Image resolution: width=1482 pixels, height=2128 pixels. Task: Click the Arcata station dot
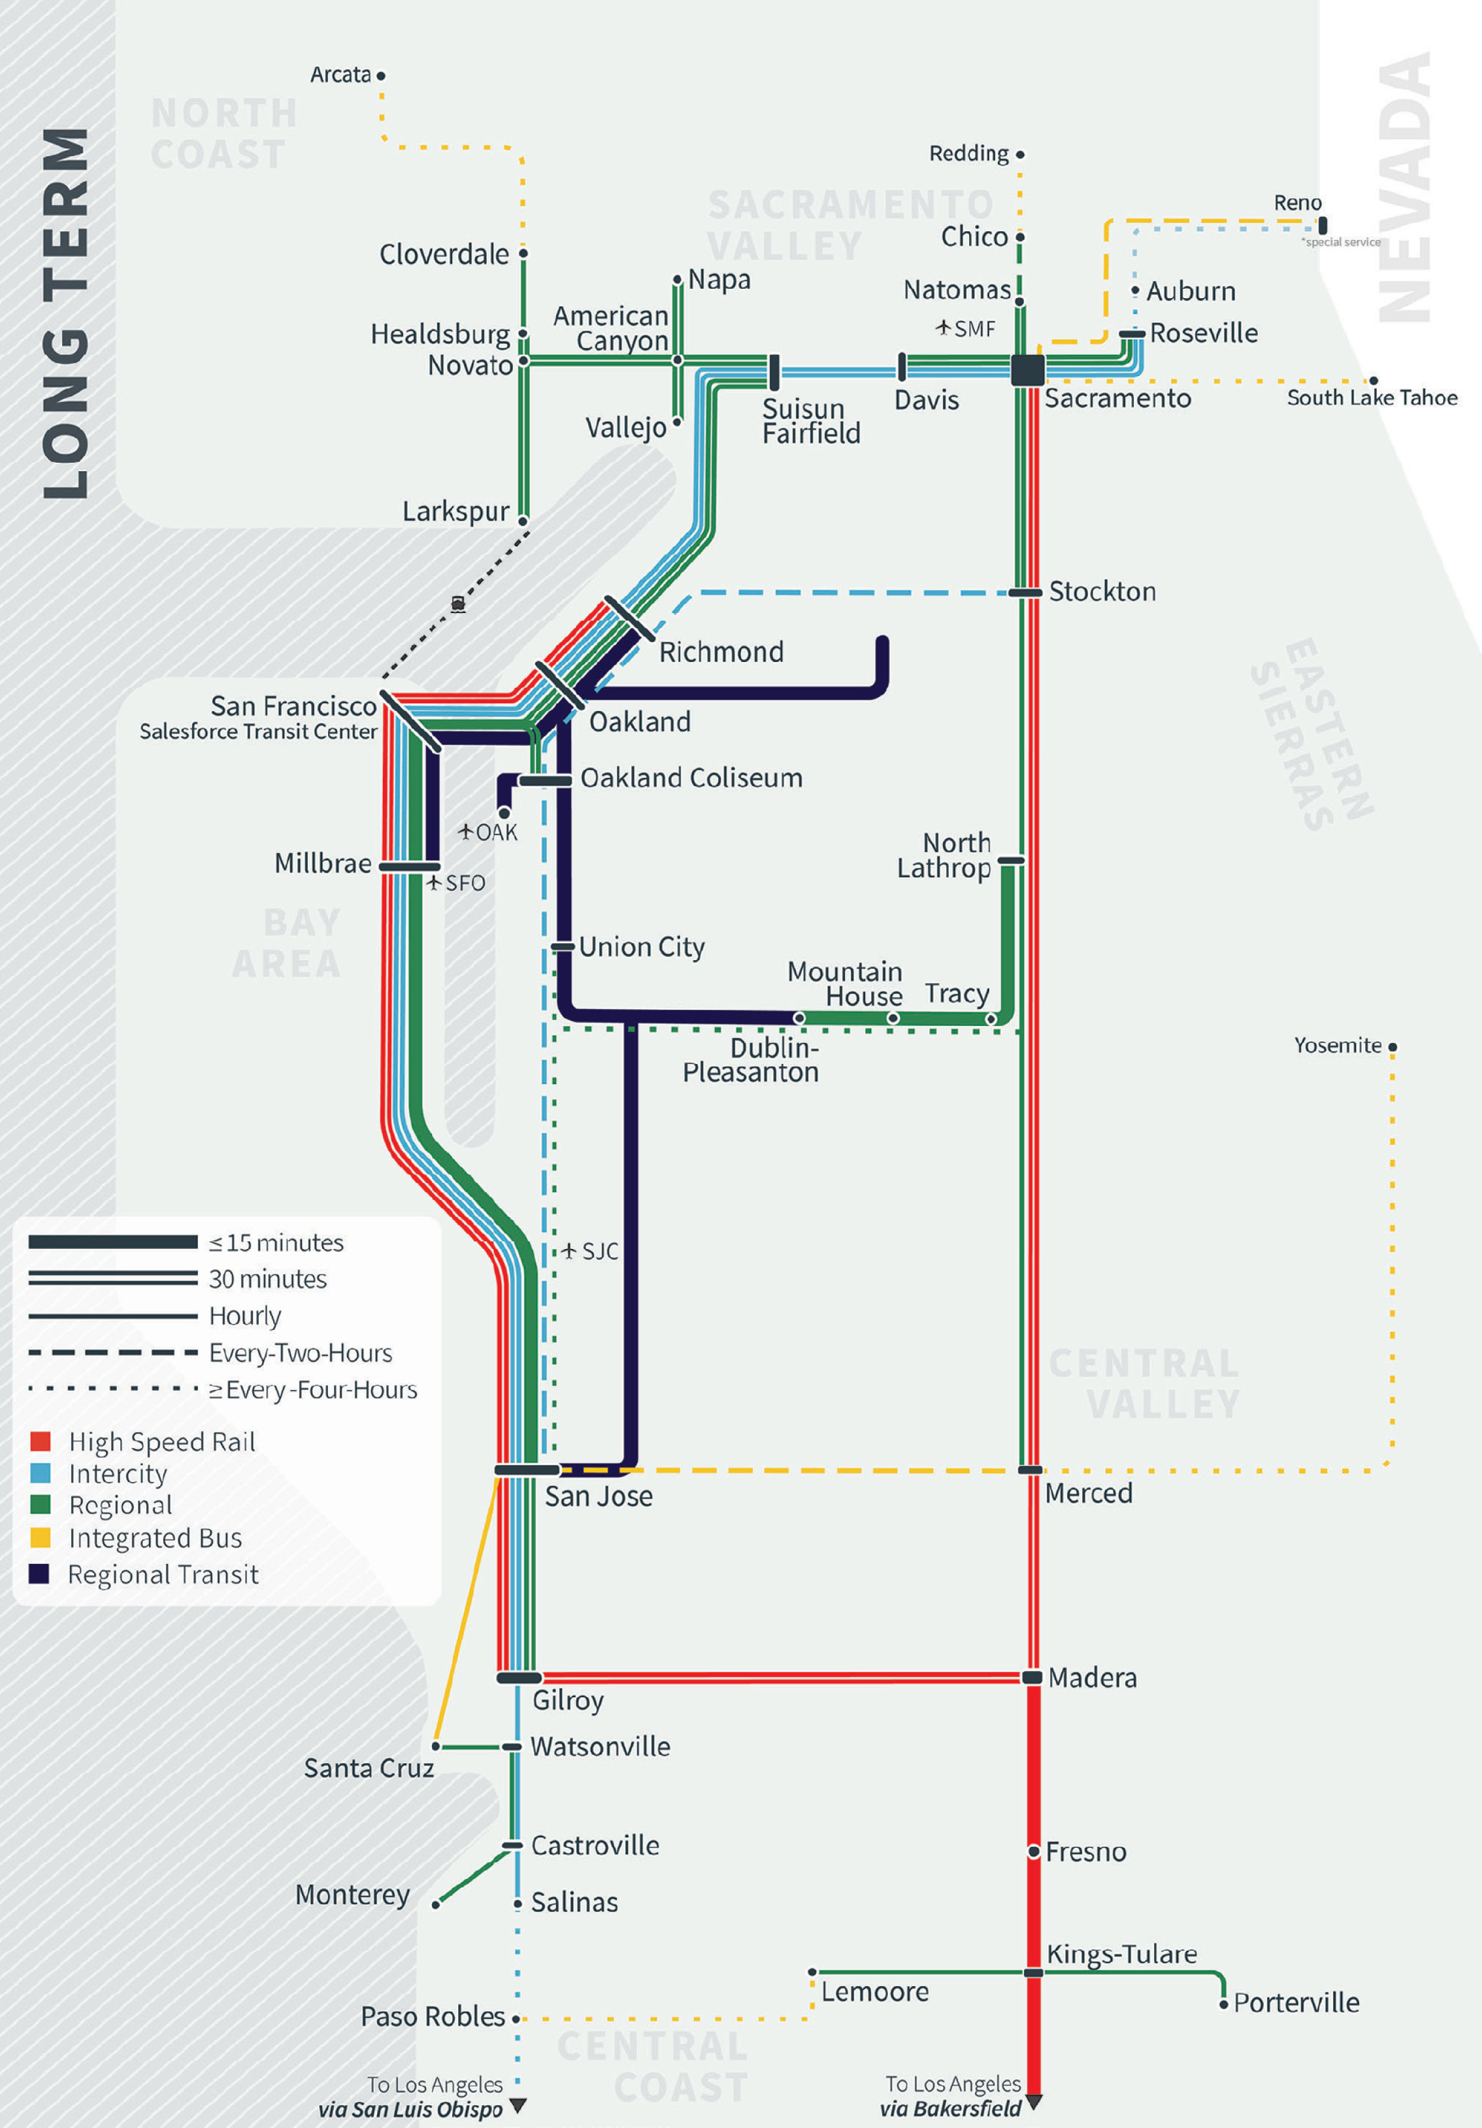381,76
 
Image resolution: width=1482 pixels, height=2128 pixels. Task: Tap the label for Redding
968,153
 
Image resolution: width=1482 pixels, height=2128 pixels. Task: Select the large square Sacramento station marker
1027,370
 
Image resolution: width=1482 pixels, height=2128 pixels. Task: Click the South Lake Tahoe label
1371,397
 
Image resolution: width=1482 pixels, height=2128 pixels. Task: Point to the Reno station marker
1323,225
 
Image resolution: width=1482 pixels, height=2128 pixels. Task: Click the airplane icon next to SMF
944,327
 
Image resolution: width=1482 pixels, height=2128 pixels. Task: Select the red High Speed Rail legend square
40,1441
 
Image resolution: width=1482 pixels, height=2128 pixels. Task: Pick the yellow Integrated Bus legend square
40,1538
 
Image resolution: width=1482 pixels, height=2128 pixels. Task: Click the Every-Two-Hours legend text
301,1353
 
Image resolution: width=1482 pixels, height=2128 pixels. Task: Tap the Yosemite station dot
1392,1047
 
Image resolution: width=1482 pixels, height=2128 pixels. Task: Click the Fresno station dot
1034,1851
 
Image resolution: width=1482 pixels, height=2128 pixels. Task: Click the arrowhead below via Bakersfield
1034,2101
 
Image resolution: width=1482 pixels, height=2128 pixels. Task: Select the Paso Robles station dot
516,2019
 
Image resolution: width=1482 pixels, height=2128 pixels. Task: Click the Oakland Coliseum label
691,778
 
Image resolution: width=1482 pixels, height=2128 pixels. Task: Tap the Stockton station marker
1026,592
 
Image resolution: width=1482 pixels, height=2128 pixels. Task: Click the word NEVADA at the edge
1405,186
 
